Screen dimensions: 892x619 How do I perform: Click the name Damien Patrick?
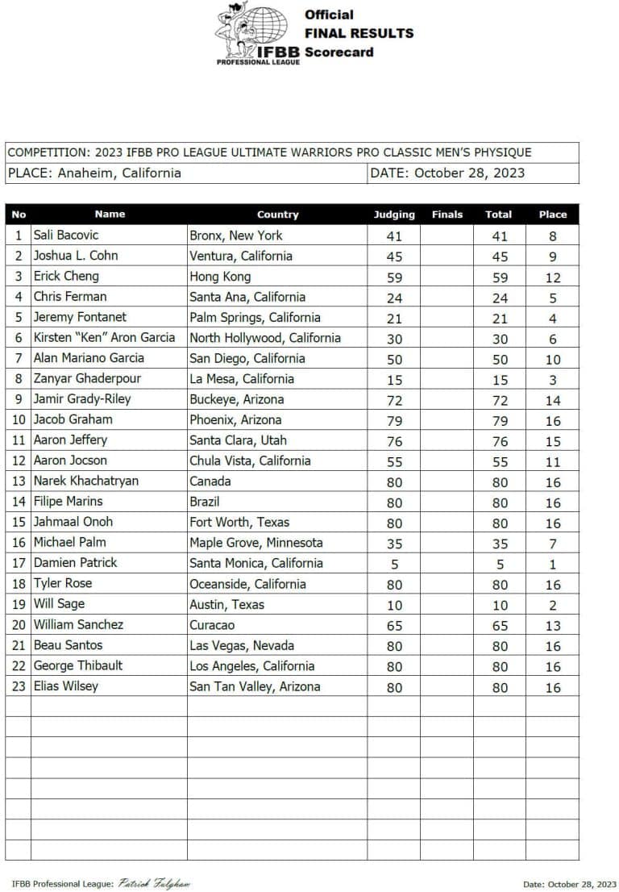75,563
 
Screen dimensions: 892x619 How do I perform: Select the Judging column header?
394,215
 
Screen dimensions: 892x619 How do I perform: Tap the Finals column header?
447,215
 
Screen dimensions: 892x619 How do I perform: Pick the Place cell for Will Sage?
552,605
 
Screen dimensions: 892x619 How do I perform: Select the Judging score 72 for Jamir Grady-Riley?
394,400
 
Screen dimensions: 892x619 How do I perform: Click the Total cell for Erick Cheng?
499,277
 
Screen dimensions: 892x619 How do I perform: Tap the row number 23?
19,686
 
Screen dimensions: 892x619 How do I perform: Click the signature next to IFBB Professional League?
154,883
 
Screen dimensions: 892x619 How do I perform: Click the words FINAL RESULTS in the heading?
359,33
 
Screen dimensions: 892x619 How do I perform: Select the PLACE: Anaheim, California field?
94,173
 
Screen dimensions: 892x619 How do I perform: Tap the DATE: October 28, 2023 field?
447,173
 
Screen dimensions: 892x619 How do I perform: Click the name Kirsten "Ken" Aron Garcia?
106,338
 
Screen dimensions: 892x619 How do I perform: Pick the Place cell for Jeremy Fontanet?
552,319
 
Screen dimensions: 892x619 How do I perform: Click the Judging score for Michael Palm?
394,544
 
